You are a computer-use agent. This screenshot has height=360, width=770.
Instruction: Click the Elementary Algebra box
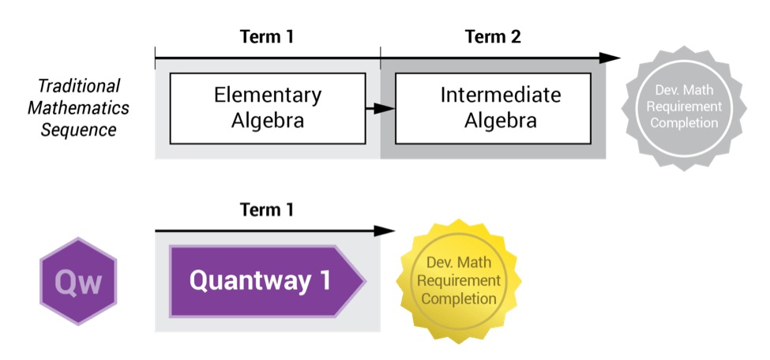click(x=268, y=108)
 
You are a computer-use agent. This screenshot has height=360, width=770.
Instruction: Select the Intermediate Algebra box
click(x=493, y=108)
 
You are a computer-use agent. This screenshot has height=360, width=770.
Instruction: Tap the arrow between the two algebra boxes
click(x=381, y=108)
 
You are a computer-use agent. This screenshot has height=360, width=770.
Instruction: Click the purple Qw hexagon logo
click(x=78, y=282)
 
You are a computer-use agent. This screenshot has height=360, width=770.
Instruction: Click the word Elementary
click(x=268, y=96)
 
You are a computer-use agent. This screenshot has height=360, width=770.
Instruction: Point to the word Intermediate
click(x=501, y=96)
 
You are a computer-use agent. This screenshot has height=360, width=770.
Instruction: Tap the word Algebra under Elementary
click(x=268, y=121)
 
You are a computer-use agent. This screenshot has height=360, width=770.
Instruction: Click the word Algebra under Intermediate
click(x=501, y=121)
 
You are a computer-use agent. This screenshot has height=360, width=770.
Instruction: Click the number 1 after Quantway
click(x=325, y=281)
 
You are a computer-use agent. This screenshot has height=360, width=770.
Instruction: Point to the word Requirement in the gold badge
click(x=459, y=281)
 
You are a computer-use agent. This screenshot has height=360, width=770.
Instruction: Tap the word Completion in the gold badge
click(x=459, y=298)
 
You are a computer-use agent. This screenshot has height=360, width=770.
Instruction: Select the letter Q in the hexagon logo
click(x=66, y=282)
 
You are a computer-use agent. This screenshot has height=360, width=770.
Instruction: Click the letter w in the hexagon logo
click(x=90, y=283)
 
